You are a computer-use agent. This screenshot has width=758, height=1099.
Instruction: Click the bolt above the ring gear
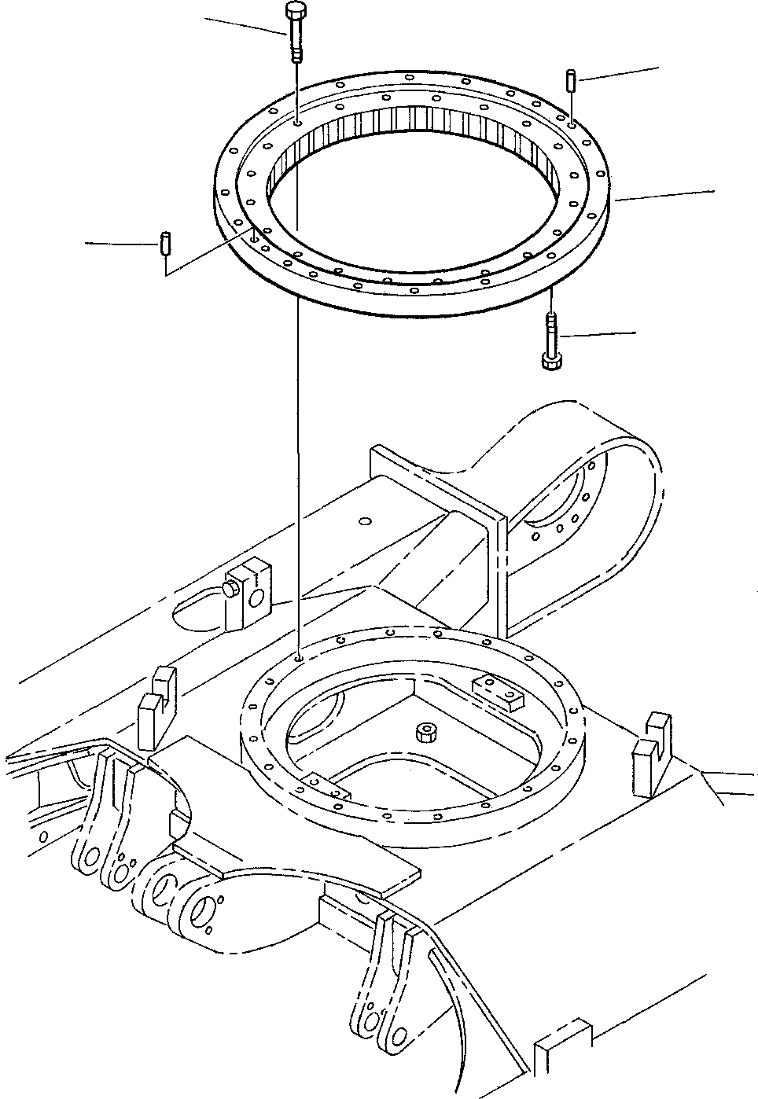click(x=294, y=31)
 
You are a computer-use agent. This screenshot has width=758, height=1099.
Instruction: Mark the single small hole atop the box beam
click(x=363, y=520)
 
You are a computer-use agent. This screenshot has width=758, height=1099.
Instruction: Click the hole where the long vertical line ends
click(x=298, y=657)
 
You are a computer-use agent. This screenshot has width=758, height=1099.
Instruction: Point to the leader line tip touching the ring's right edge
click(x=616, y=200)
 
